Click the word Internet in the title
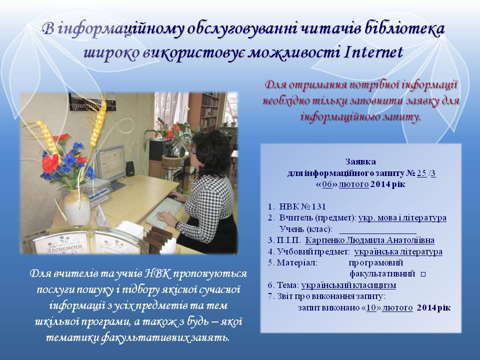tap(373, 52)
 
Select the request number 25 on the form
tap(421, 173)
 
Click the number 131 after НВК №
tap(318, 206)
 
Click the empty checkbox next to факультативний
tap(423, 274)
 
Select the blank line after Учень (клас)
tap(378, 232)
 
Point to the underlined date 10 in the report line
tap(371, 307)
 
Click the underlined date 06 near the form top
tap(327, 184)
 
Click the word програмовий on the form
tap(376, 263)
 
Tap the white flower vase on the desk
tap(76, 206)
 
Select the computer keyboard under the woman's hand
tap(164, 211)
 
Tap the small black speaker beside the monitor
tap(130, 168)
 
